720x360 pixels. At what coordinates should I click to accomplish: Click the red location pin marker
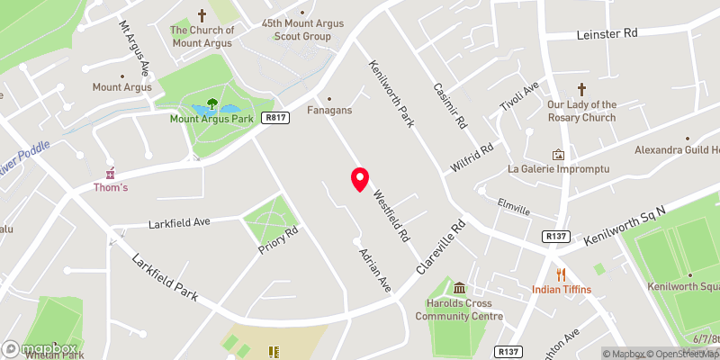pyautogui.click(x=360, y=179)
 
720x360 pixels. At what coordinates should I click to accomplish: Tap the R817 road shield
pyautogui.click(x=275, y=118)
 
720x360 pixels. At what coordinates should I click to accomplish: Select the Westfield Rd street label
pyautogui.click(x=392, y=217)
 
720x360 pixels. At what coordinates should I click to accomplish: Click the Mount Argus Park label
pyautogui.click(x=211, y=118)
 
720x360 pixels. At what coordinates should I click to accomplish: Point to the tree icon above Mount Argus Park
pyautogui.click(x=212, y=103)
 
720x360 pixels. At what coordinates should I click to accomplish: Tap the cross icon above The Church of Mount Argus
pyautogui.click(x=202, y=15)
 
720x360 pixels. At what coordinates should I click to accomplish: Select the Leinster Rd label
pyautogui.click(x=607, y=33)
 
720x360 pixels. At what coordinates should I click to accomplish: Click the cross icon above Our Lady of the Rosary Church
pyautogui.click(x=582, y=89)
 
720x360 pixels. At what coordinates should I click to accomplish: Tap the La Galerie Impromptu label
pyautogui.click(x=559, y=169)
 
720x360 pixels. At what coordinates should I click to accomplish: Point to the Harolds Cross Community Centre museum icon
pyautogui.click(x=461, y=288)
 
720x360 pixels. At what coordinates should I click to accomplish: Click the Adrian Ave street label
pyautogui.click(x=375, y=270)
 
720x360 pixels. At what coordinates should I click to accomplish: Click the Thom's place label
pyautogui.click(x=112, y=187)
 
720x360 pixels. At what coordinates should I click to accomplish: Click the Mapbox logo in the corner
pyautogui.click(x=40, y=348)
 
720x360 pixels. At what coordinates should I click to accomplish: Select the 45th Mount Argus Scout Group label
pyautogui.click(x=296, y=29)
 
